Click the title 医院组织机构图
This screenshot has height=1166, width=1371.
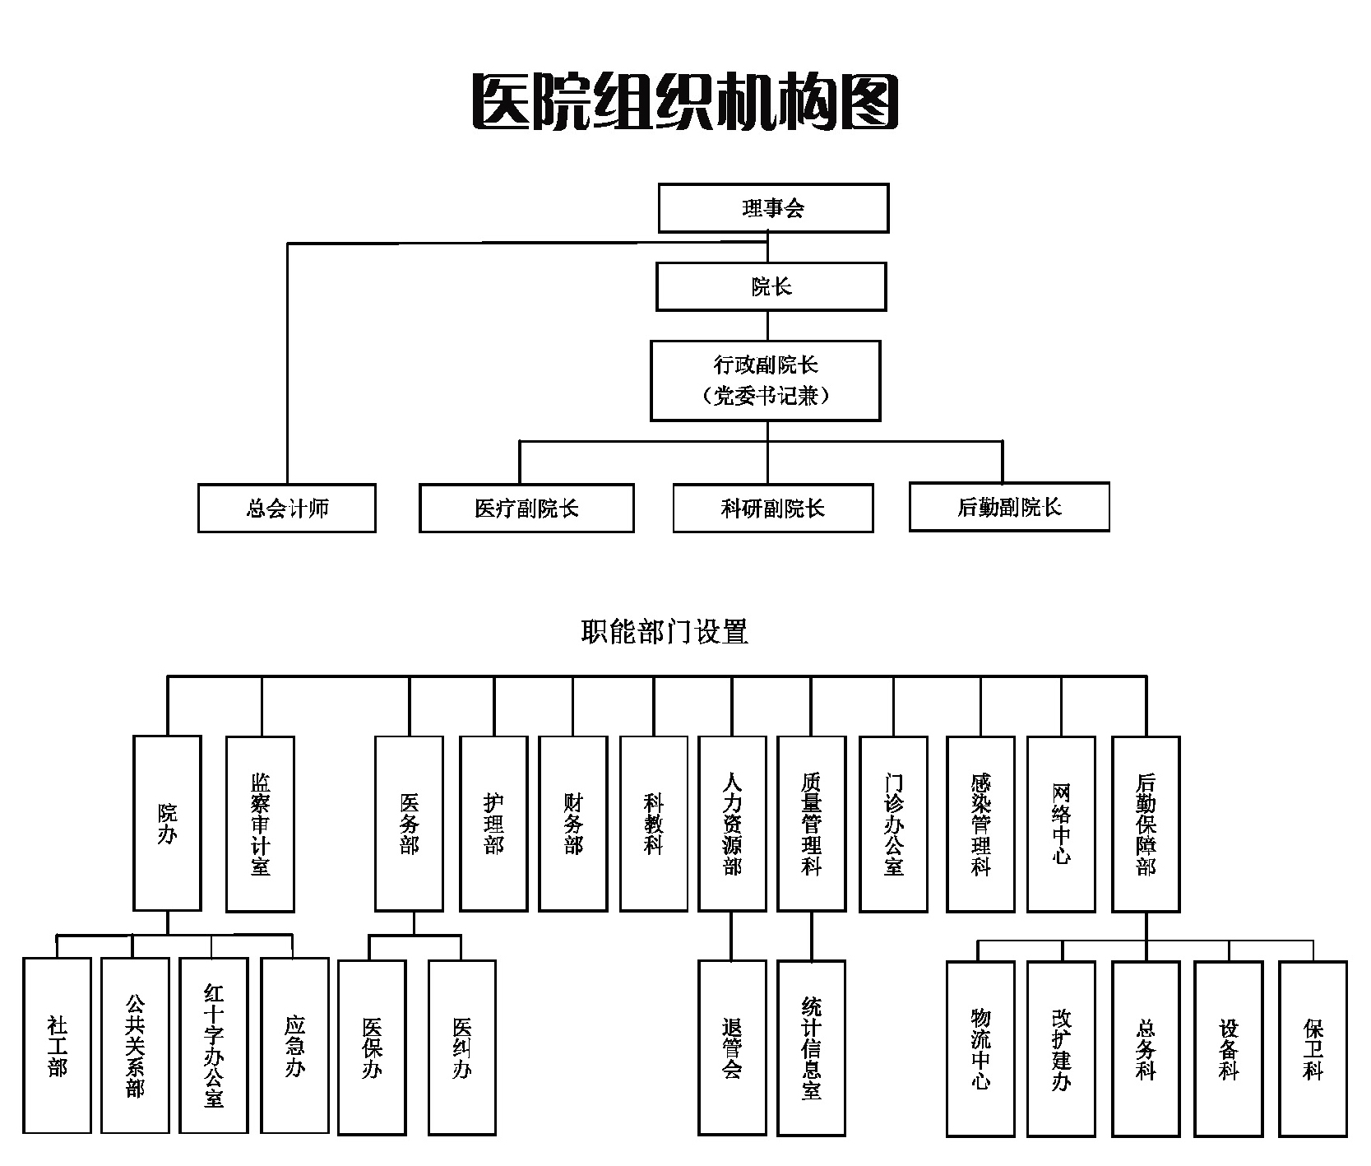pos(685,102)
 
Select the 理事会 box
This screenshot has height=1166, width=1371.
pos(773,208)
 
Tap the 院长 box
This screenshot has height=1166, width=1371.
pos(771,286)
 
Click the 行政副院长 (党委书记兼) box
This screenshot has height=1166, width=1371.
pos(766,380)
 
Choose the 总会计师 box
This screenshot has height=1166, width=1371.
pos(287,508)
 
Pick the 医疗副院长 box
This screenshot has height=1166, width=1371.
pos(526,508)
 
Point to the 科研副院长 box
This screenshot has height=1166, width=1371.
pos(772,508)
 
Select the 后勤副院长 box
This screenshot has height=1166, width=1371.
pos(1009,507)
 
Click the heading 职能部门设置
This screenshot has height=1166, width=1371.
pos(665,632)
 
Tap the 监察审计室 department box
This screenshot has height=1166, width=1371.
pos(260,824)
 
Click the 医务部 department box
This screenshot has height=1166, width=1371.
pos(409,824)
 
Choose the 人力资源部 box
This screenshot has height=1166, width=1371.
pos(732,824)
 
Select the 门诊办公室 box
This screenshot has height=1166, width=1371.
pos(893,824)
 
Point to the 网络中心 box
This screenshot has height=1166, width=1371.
pos(1061,824)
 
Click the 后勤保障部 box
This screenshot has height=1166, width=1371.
pos(1146,824)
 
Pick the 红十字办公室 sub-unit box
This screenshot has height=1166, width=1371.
pos(214,1045)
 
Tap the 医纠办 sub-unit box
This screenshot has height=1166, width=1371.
pos(462,1048)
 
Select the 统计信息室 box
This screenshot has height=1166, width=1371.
pos(811,1048)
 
